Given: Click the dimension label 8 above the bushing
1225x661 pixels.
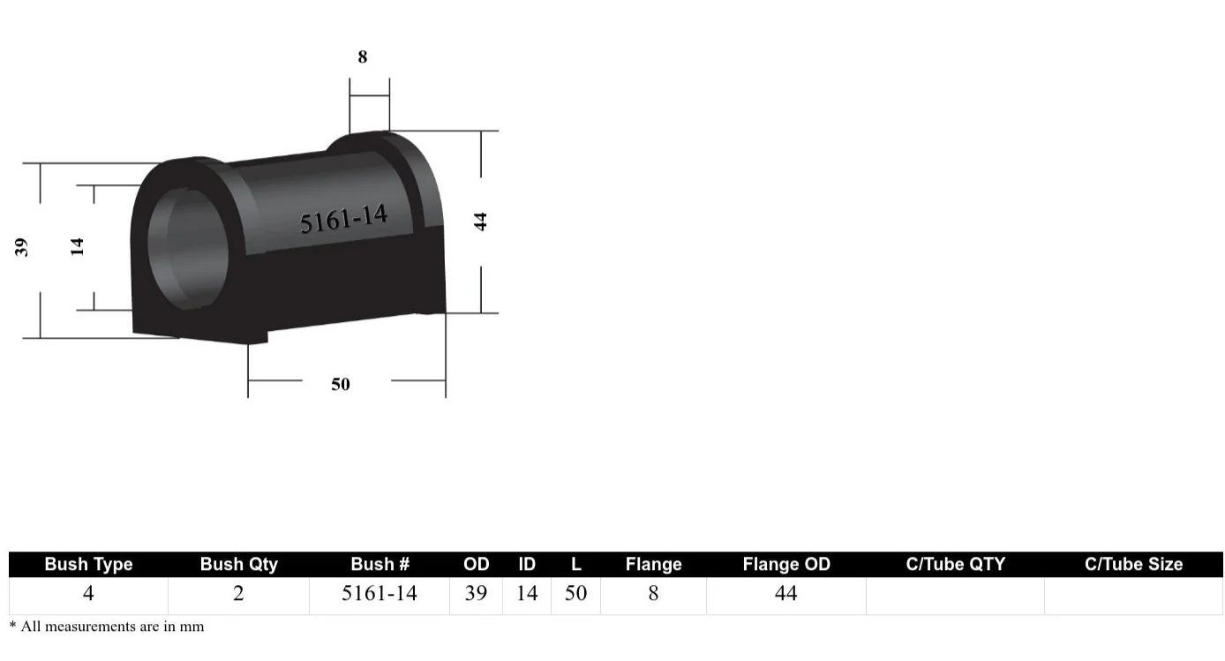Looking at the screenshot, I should [x=362, y=57].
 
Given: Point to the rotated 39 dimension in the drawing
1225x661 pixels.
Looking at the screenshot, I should [x=22, y=247].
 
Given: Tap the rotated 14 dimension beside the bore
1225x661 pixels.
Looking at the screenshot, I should [x=78, y=246].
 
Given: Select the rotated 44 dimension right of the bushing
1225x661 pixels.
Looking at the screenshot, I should [x=481, y=221].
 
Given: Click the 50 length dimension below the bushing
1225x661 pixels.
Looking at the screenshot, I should [x=341, y=384].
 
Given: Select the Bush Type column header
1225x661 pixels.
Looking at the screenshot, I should [x=88, y=564].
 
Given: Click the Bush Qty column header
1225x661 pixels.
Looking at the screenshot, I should [x=238, y=564].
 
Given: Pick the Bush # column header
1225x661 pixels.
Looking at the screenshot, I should [x=380, y=564].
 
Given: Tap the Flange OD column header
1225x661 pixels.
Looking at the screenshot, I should [x=785, y=564].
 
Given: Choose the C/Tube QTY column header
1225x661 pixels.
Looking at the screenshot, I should [x=955, y=564].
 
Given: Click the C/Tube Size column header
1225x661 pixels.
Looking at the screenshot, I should [x=1133, y=564].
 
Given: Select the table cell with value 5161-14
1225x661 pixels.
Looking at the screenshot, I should [x=380, y=593].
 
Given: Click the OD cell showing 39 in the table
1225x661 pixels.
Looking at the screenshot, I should [x=476, y=593].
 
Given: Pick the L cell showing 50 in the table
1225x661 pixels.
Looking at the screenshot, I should [x=575, y=593].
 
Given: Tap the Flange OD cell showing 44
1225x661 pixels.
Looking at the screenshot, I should [x=785, y=593].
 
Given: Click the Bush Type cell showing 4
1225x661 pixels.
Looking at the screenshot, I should [x=88, y=593].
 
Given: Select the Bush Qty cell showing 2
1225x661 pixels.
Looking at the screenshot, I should [x=238, y=593].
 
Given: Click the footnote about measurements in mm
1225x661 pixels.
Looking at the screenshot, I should [x=107, y=627].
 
